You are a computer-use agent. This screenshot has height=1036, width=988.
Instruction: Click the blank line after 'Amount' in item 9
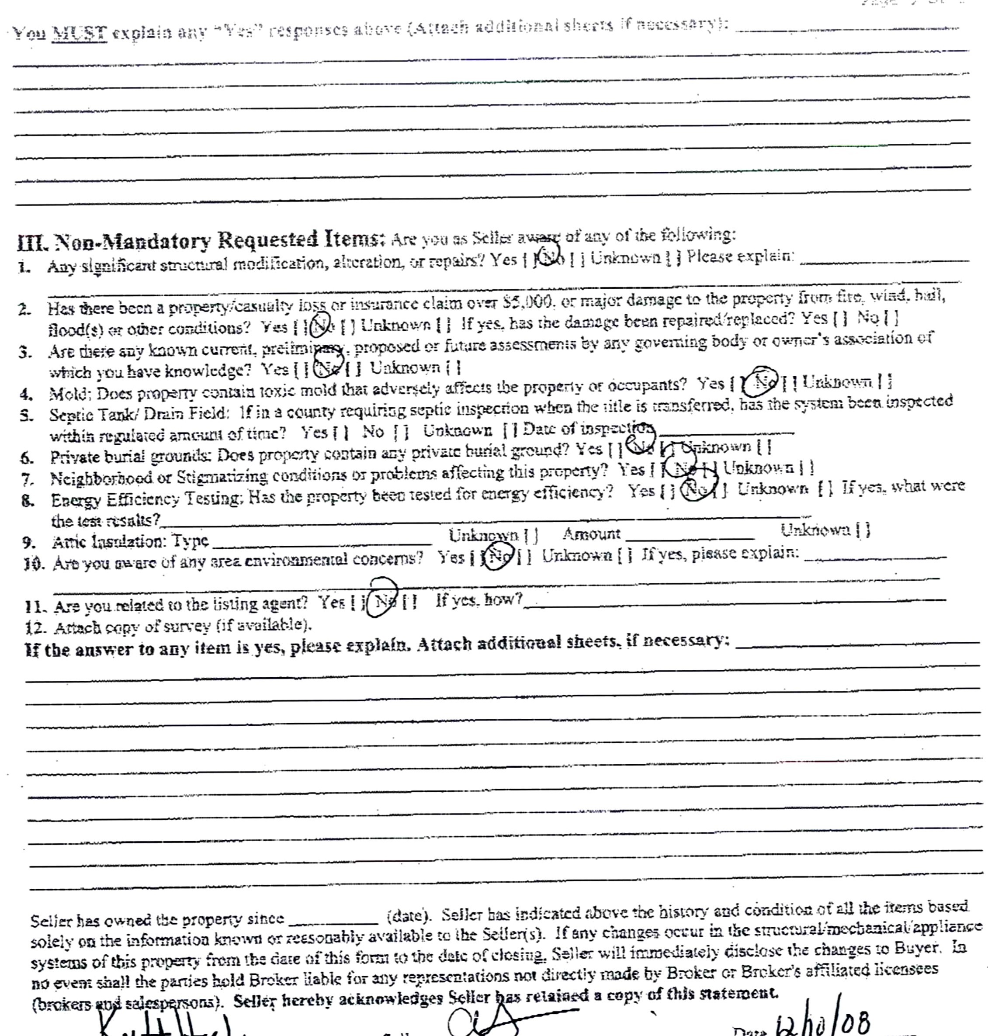point(690,537)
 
